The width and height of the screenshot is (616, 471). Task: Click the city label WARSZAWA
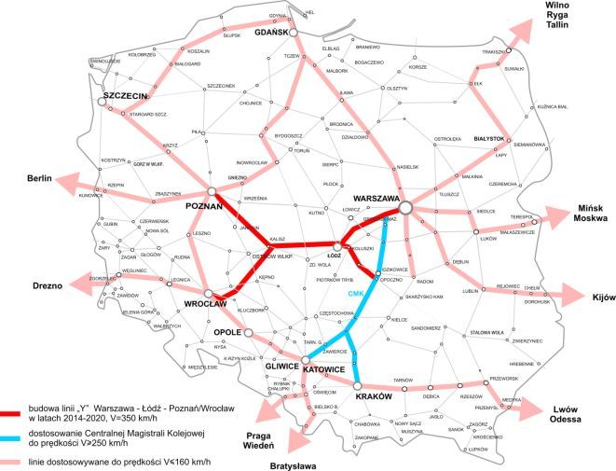click(x=375, y=200)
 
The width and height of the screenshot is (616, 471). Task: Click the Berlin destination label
click(x=38, y=178)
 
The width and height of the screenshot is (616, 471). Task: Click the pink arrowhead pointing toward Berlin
click(x=66, y=186)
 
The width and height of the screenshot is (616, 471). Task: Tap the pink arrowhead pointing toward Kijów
click(x=575, y=296)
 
